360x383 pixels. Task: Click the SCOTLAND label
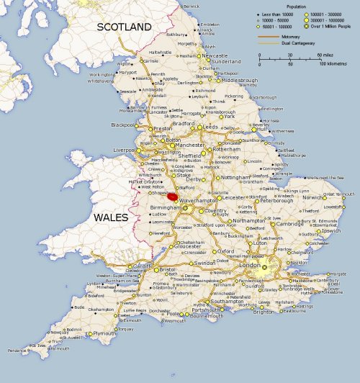coord(124,27)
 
